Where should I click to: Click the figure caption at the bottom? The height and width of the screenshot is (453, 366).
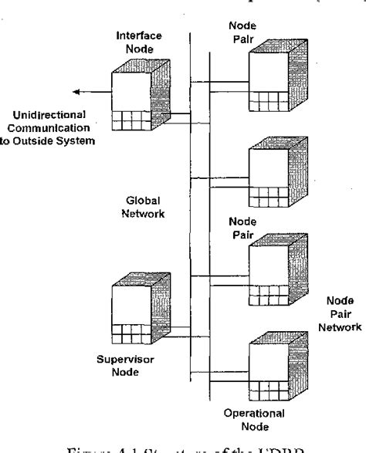pyautogui.click(x=182, y=445)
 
